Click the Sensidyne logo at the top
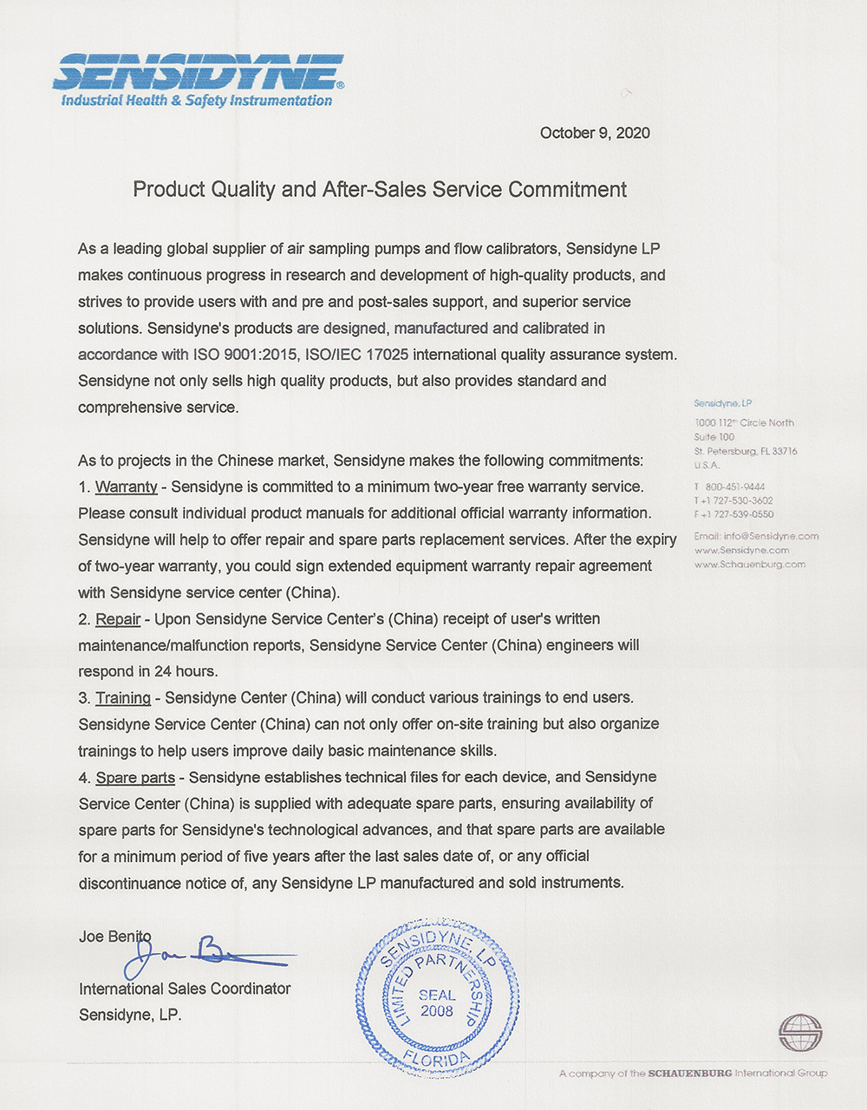[x=198, y=72]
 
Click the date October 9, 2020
[x=595, y=133]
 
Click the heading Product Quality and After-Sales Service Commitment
[x=379, y=189]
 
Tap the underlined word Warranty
[x=126, y=486]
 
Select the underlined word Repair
[x=118, y=619]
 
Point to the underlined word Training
[x=122, y=698]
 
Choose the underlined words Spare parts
[x=134, y=777]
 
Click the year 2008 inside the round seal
[x=436, y=1011]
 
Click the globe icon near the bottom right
[x=799, y=1032]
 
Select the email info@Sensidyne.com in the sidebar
[x=756, y=536]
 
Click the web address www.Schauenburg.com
[x=749, y=564]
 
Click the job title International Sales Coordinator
[x=185, y=989]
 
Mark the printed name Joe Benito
[x=114, y=937]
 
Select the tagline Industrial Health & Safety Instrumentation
[x=196, y=101]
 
